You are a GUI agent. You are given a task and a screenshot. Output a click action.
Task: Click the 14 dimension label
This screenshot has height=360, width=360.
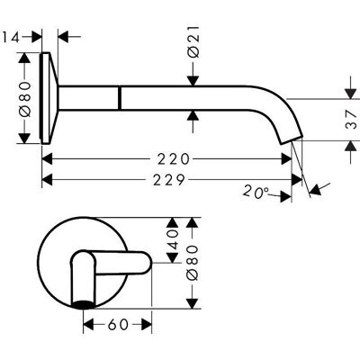12,38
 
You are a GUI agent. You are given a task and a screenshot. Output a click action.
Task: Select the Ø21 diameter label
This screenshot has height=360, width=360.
193,41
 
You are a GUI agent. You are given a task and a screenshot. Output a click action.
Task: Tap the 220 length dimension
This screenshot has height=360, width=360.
174,159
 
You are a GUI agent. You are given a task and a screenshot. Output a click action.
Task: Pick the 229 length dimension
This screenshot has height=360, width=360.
168,180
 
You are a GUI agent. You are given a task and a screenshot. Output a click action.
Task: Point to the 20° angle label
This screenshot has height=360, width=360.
256,192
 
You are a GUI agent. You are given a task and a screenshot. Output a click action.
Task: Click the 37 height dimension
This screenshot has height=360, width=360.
351,119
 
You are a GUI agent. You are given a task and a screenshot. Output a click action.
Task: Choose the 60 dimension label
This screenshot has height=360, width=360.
118,324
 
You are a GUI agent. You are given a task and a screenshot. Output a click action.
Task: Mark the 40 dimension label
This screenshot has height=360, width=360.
173,239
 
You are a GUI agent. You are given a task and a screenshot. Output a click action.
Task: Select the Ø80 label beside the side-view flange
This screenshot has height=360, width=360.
25,99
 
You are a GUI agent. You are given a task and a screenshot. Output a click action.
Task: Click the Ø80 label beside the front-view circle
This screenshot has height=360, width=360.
193,263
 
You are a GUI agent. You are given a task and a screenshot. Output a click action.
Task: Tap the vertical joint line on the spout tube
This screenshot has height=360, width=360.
120,98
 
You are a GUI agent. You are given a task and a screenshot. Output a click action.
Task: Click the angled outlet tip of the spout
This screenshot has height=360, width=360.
292,140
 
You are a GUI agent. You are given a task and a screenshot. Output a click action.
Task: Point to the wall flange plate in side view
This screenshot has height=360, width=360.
48,98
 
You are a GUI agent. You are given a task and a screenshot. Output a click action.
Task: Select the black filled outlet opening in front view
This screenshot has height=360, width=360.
84,304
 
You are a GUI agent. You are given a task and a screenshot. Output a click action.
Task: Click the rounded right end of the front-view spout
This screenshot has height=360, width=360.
145,263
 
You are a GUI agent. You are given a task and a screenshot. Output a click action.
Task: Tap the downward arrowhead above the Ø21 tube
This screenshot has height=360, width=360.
193,81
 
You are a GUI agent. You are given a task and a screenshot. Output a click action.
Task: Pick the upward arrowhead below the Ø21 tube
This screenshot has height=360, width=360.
193,115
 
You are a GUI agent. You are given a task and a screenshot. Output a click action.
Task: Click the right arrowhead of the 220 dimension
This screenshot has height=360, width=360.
286,158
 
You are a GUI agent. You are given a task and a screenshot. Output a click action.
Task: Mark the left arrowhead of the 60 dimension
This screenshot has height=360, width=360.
89,324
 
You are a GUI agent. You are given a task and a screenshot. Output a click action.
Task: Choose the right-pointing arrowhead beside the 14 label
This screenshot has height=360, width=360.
37,37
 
